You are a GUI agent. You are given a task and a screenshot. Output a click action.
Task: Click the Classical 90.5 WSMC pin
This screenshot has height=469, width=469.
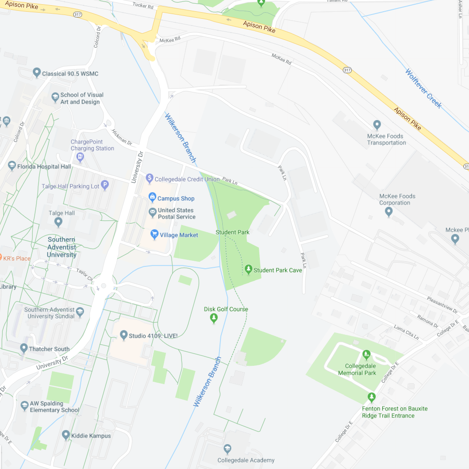tap(37, 73)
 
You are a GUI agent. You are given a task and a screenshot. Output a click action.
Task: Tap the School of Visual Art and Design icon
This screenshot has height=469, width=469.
tap(55, 98)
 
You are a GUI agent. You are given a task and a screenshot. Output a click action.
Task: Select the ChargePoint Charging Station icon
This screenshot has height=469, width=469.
tap(80, 157)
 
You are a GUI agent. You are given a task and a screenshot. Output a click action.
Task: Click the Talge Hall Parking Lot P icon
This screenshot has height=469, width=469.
tap(105, 185)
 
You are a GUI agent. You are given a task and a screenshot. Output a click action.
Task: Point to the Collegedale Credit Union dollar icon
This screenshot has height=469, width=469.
tap(150, 178)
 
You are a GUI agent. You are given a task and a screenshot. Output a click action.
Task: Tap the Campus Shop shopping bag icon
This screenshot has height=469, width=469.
tap(152, 198)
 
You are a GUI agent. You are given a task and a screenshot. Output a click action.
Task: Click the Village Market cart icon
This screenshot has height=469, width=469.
tap(154, 234)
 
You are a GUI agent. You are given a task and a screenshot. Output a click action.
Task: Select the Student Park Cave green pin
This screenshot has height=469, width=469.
tap(249, 269)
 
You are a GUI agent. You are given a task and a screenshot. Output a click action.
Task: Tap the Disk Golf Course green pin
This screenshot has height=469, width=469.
tap(214, 318)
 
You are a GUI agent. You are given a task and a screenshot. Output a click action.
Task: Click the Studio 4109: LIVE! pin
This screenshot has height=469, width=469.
tap(124, 335)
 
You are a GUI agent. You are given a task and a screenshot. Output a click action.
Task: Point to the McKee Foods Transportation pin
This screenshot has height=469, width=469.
tap(377, 125)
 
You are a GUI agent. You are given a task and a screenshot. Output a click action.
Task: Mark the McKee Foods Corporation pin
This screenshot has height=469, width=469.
tap(388, 212)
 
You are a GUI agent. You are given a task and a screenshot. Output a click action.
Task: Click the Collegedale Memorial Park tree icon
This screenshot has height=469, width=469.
tap(367, 355)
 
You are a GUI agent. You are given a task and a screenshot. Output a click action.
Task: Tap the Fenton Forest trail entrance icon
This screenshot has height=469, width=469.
tap(372, 397)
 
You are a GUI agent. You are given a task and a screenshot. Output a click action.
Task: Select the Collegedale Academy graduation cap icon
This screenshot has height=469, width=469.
tap(227, 449)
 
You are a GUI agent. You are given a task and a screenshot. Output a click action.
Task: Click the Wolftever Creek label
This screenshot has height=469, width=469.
tap(424, 89)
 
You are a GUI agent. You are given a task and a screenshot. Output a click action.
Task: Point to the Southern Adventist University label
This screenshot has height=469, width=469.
tap(61, 247)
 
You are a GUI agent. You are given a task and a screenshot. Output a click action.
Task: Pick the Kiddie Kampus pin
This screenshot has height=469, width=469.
tap(66, 435)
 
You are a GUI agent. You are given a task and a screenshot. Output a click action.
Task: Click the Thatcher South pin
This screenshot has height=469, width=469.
tap(24, 348)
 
